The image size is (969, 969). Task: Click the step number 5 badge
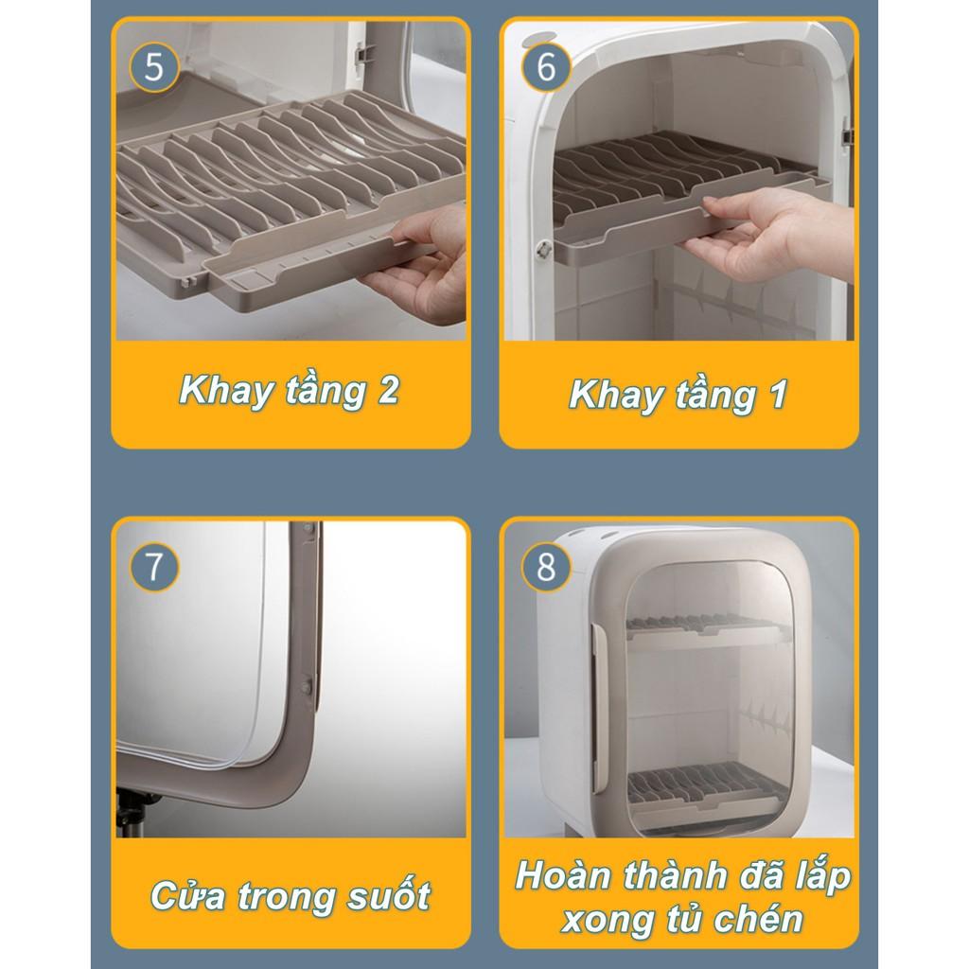pos(154,67)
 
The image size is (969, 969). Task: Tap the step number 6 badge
pos(546,67)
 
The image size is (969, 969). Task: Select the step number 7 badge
pos(154,567)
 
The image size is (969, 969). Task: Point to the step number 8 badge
pos(546,567)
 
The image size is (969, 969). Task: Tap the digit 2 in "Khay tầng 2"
pos(388,390)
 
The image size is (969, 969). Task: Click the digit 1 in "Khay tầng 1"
pos(779,394)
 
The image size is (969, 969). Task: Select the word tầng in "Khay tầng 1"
pos(716,396)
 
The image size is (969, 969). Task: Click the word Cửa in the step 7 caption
pos(188,894)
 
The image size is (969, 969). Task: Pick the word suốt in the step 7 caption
pos(389,895)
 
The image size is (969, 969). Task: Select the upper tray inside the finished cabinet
pos(708,630)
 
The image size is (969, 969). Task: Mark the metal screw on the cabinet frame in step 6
pos(543,250)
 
